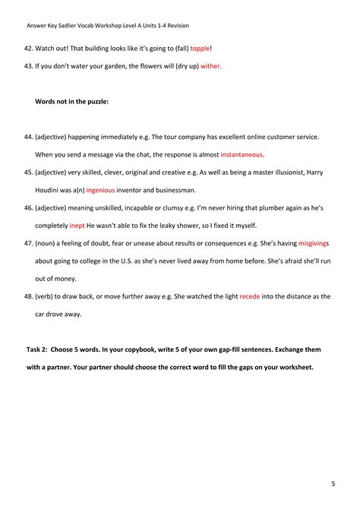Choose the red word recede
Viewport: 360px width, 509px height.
250,297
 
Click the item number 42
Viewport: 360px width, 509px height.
29,47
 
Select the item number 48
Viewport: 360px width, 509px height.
29,297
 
